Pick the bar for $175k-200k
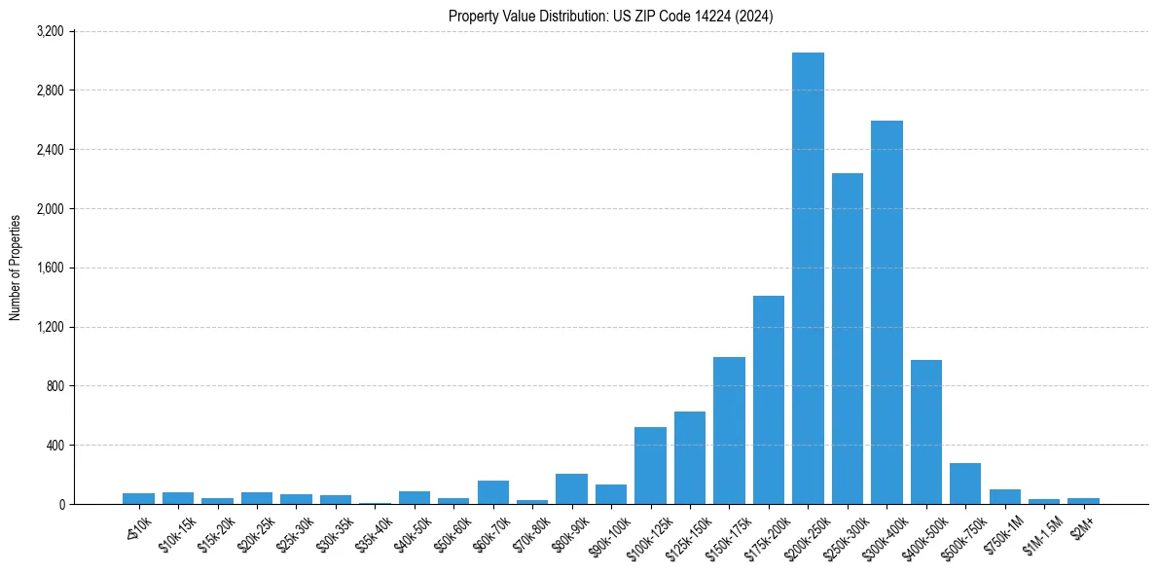click(769, 400)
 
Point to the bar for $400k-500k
click(926, 432)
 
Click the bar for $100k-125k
click(650, 466)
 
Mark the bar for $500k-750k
click(965, 484)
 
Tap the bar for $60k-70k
click(493, 492)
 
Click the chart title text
click(611, 17)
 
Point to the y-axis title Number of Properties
click(16, 268)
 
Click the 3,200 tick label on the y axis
click(49, 32)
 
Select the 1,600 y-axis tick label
click(49, 269)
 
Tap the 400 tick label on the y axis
click(54, 446)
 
